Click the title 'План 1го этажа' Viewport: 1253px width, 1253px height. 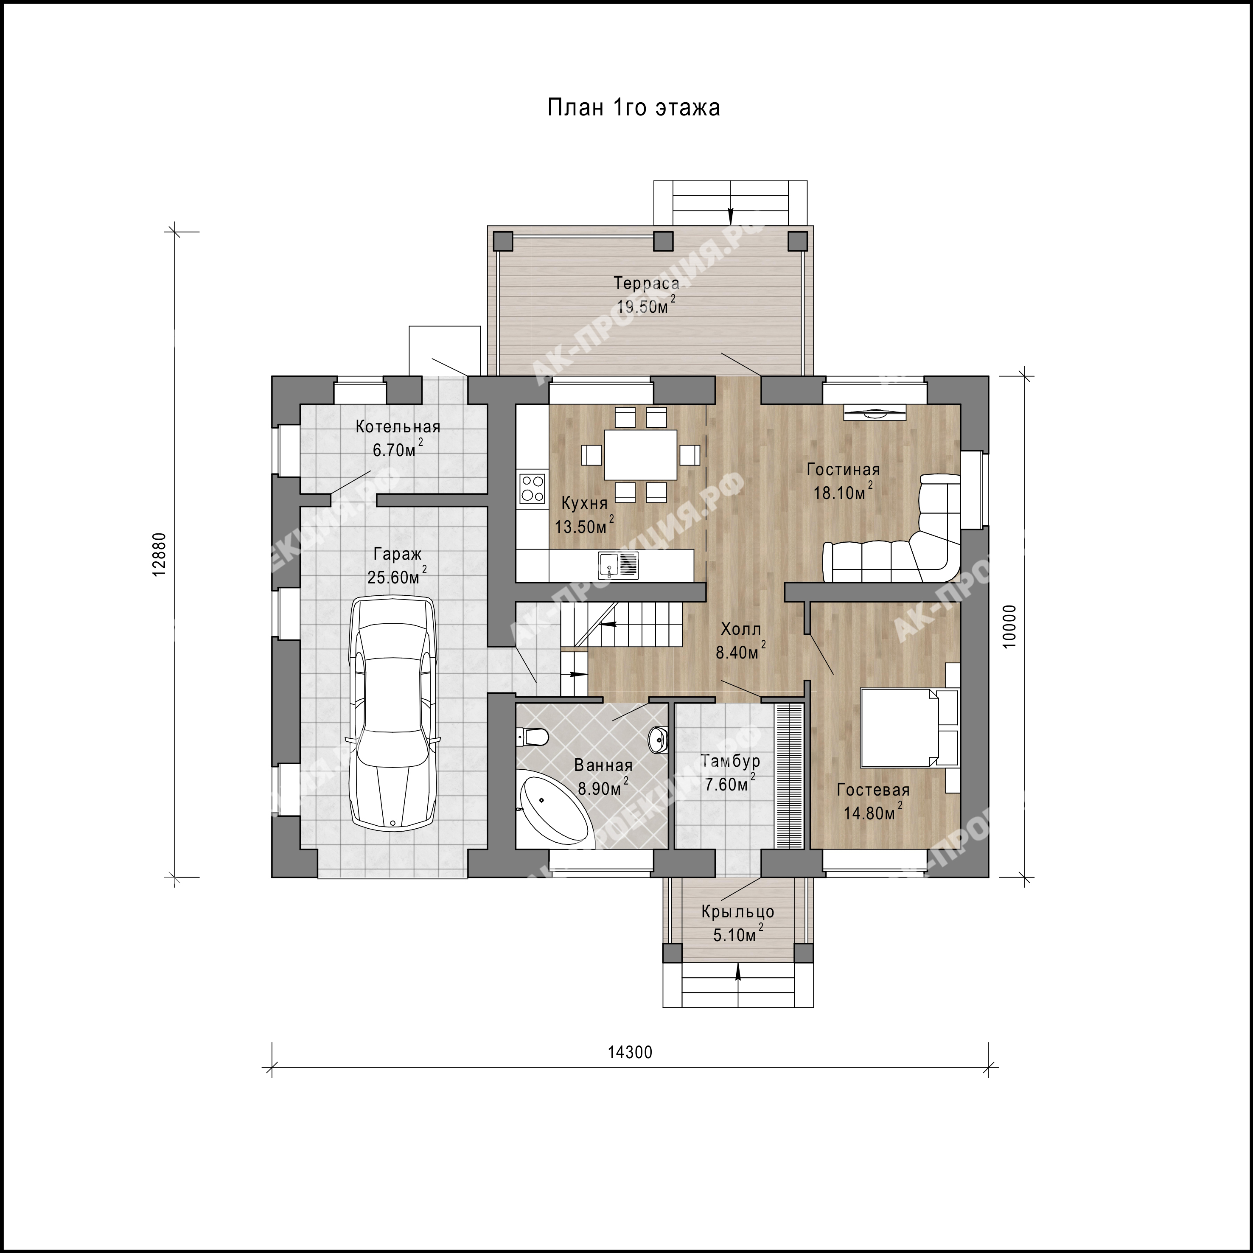tap(634, 107)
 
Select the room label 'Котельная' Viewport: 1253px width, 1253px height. tap(398, 427)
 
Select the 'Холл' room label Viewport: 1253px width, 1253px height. tap(741, 629)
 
